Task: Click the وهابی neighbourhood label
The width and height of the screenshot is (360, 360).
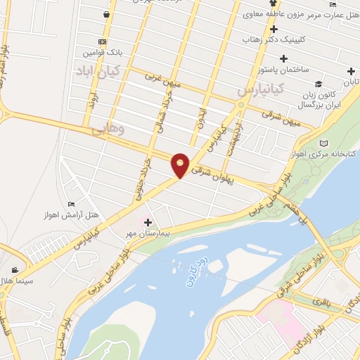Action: (108, 129)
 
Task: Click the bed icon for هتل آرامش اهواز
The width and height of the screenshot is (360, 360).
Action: (70, 205)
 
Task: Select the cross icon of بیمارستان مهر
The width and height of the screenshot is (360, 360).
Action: (148, 223)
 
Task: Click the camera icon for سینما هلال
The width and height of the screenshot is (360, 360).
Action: (15, 270)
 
